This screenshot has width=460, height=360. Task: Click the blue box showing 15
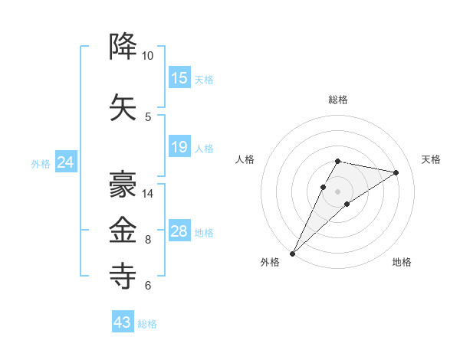pos(179,78)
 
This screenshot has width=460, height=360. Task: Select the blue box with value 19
pos(179,147)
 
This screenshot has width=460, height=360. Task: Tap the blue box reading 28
pos(179,231)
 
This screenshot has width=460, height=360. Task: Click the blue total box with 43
pos(123,322)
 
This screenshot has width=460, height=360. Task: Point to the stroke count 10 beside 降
pos(147,56)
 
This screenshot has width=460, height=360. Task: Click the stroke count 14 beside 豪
pos(147,194)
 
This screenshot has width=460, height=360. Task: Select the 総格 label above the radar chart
pos(338,100)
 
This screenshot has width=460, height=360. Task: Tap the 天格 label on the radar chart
pos(431,159)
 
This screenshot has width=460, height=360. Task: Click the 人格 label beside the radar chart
pos(245,159)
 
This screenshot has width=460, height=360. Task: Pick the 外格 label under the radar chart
pos(270,262)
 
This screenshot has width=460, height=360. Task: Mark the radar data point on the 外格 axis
pos(292,254)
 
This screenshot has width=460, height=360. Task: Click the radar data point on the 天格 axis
pos(396,172)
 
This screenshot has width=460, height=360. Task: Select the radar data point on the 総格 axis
pos(338,161)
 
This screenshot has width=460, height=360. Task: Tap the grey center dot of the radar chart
pos(338,191)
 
